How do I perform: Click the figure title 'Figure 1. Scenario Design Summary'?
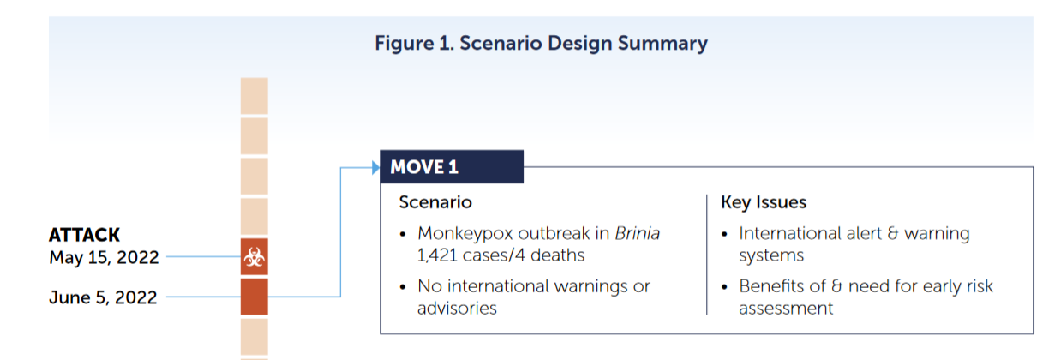(541, 44)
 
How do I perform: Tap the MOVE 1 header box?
(452, 166)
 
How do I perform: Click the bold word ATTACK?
(84, 235)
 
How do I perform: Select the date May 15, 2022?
(104, 257)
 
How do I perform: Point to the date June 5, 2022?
(103, 297)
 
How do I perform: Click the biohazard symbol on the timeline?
(255, 257)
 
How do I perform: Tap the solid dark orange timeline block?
(255, 297)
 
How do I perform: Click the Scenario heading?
(435, 202)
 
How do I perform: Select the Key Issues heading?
(764, 202)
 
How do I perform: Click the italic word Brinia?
(638, 233)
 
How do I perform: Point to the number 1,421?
(437, 255)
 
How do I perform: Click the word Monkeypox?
(465, 234)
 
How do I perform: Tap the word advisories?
(457, 309)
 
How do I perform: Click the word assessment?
(786, 309)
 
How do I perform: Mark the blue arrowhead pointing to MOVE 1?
(375, 167)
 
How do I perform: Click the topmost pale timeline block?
(255, 96)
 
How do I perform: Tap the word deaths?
(558, 255)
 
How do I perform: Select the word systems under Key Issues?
(771, 256)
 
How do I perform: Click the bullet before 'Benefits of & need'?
(724, 287)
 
